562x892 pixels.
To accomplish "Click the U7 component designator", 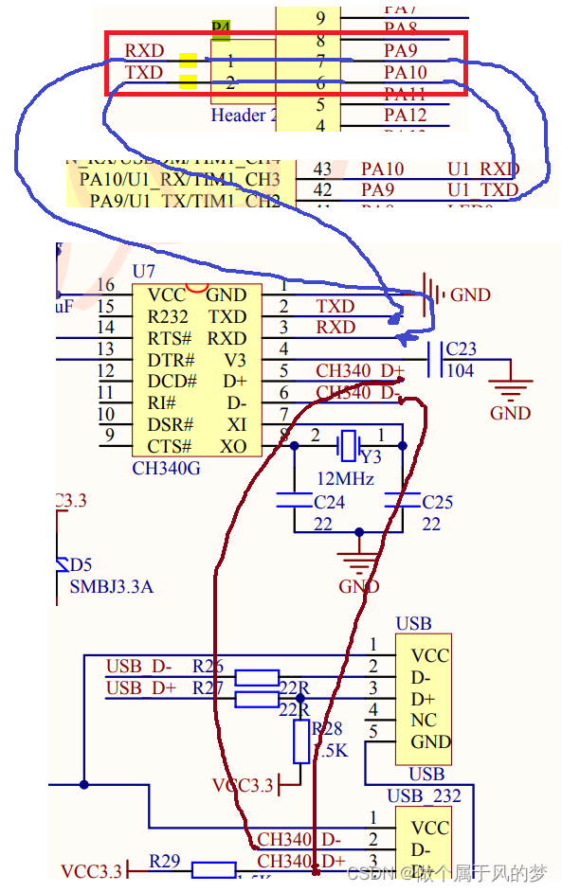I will point(143,272).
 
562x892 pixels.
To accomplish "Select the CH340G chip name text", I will point(166,467).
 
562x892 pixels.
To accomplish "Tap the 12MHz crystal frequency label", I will point(345,478).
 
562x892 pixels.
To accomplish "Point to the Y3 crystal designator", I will point(371,456).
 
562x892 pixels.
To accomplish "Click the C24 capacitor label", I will point(329,502).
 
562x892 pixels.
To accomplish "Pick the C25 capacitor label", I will point(437,502).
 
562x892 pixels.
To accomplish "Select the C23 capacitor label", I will point(461,349).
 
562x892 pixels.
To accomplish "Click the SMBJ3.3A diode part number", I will point(111,586).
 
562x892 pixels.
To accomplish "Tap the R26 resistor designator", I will point(208,665).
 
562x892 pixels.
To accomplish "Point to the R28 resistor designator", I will point(327,729).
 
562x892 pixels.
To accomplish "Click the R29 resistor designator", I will point(166,862).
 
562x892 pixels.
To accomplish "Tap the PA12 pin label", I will point(405,116).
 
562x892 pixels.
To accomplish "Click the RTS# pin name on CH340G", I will point(170,339).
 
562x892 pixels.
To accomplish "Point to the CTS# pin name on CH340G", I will point(170,446).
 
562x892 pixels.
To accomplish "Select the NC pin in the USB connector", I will point(424,720).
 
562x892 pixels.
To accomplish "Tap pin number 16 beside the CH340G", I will point(105,285).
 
